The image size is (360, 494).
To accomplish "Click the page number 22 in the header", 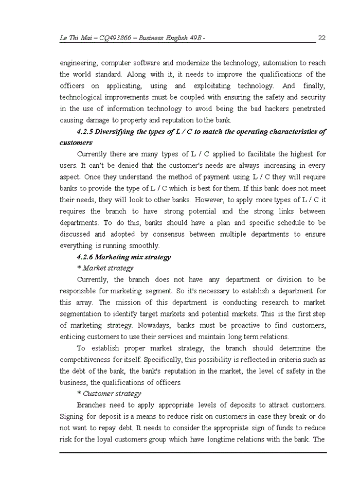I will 322,38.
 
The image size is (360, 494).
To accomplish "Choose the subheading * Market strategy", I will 105,268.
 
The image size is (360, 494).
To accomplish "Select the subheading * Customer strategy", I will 109,394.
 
